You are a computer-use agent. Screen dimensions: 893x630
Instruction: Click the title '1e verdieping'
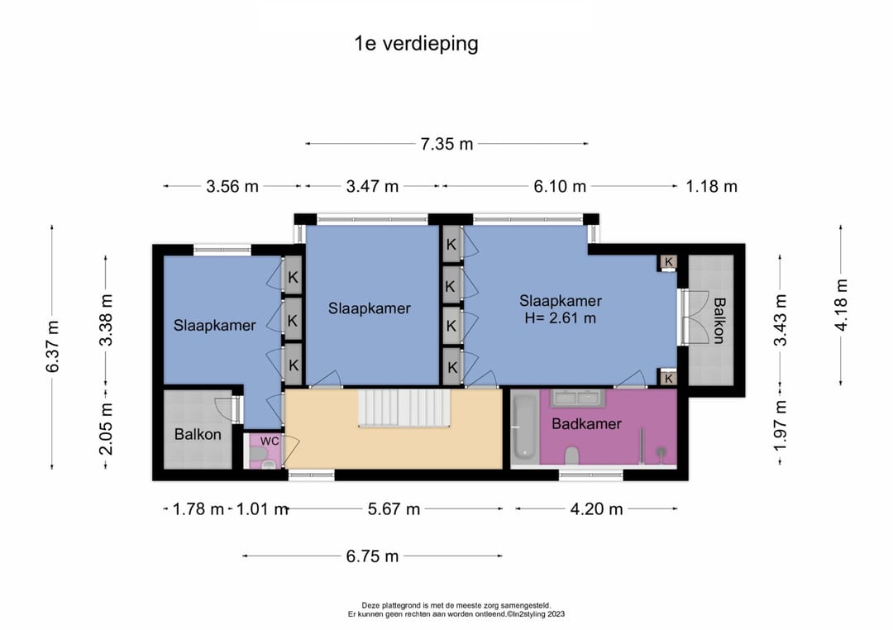pyautogui.click(x=416, y=44)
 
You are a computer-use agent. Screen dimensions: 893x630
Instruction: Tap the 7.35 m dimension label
pyautogui.click(x=446, y=144)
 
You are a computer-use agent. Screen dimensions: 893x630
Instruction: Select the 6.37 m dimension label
pyautogui.click(x=52, y=346)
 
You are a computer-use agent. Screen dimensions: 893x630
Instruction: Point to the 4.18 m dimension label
pyautogui.click(x=841, y=305)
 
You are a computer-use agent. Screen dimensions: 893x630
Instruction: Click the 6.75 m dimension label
pyautogui.click(x=372, y=556)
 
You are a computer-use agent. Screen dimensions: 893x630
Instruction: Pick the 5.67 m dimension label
pyautogui.click(x=394, y=508)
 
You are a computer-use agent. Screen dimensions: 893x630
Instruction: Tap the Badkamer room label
pyautogui.click(x=586, y=424)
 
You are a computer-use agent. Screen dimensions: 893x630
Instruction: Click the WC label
pyautogui.click(x=270, y=441)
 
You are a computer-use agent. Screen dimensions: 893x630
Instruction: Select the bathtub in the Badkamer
pyautogui.click(x=525, y=427)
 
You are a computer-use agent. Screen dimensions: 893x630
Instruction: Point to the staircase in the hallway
pyautogui.click(x=404, y=408)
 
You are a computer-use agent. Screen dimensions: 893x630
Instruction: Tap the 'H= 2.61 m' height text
pyautogui.click(x=560, y=317)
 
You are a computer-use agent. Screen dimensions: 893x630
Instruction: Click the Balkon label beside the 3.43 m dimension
pyautogui.click(x=719, y=321)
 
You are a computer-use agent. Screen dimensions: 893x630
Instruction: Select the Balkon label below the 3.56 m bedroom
pyautogui.click(x=198, y=435)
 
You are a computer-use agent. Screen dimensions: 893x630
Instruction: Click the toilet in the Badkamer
pyautogui.click(x=572, y=455)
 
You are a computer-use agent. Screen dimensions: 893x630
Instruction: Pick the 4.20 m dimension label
pyautogui.click(x=596, y=508)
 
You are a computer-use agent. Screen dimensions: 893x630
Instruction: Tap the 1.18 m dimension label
pyautogui.click(x=711, y=186)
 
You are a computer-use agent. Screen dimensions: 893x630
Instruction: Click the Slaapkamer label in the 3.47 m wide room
pyautogui.click(x=369, y=308)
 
